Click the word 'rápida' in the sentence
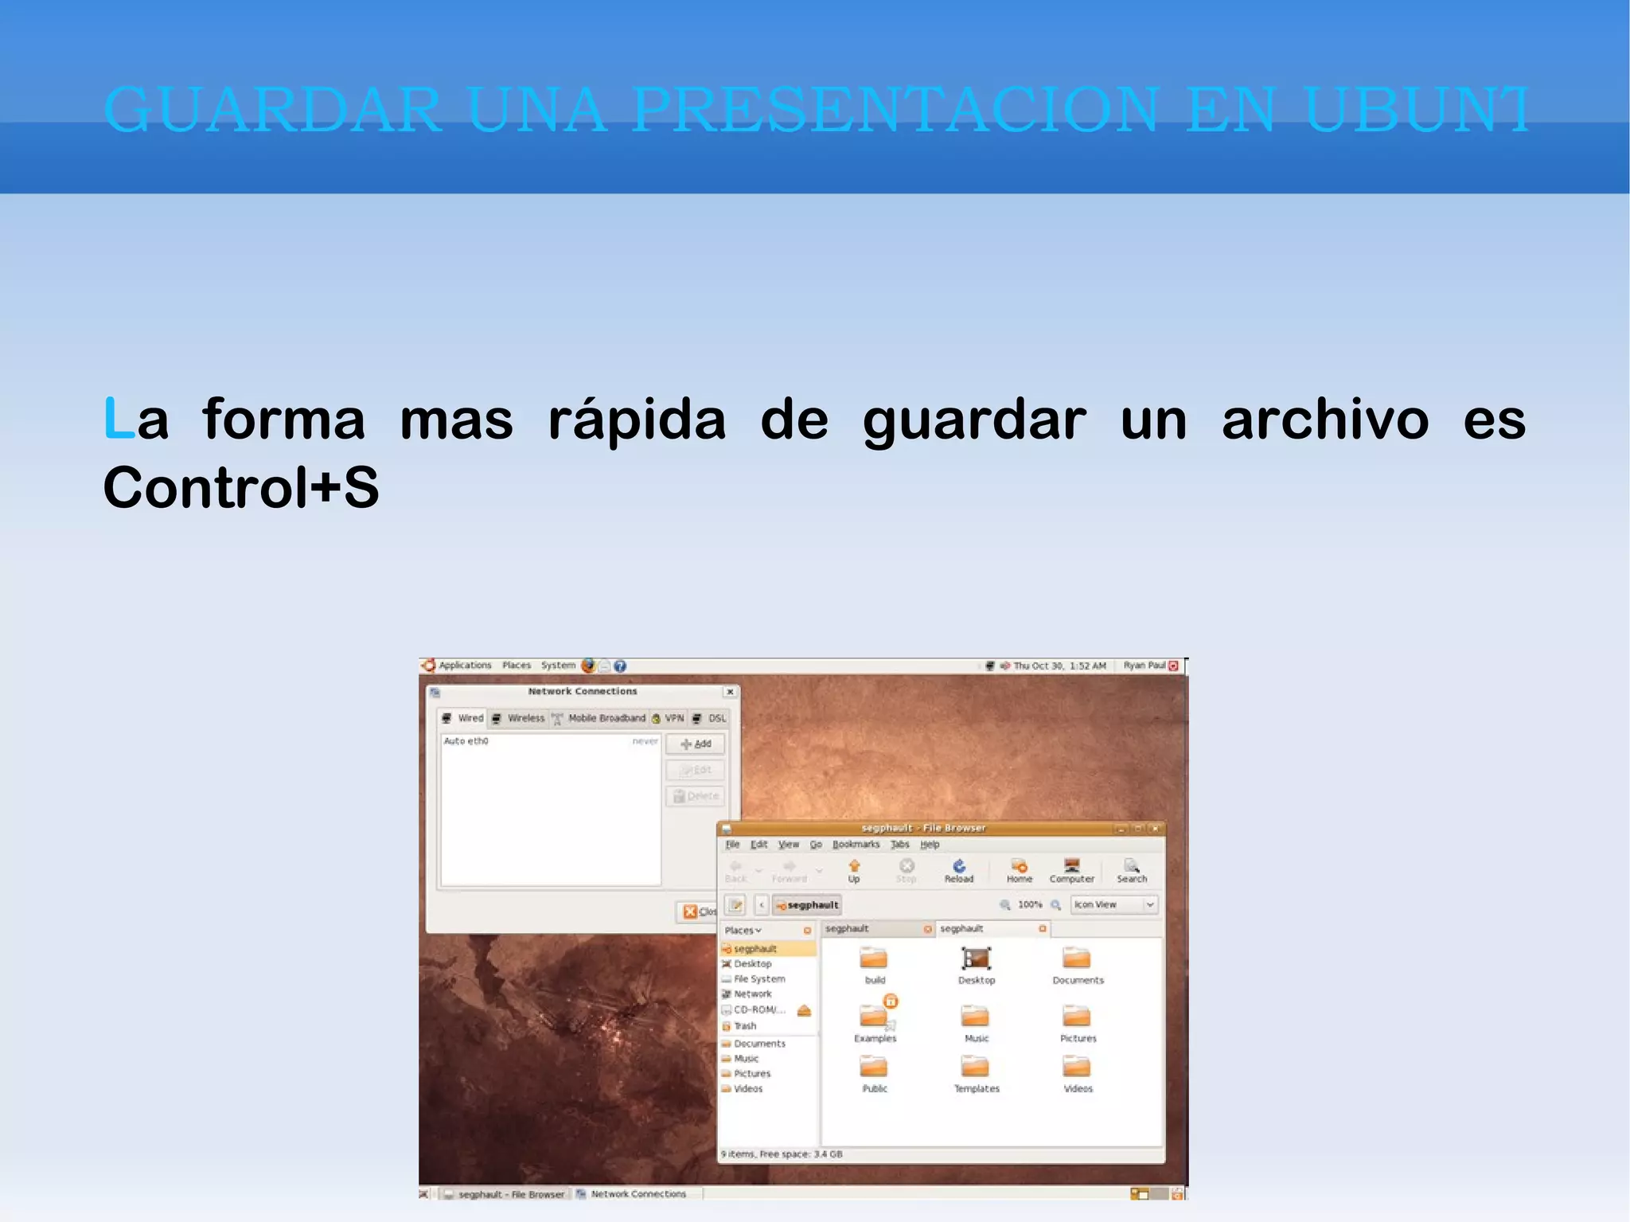click(x=637, y=420)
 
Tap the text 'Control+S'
click(x=241, y=487)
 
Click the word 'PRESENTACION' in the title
click(x=896, y=109)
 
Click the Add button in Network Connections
click(x=696, y=744)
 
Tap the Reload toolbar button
click(x=959, y=869)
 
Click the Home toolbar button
click(x=1019, y=869)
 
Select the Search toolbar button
click(x=1131, y=869)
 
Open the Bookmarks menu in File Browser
click(x=856, y=844)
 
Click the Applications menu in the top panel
click(x=465, y=666)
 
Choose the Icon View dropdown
click(x=1113, y=904)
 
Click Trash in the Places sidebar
click(x=745, y=1026)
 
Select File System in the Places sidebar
click(x=758, y=979)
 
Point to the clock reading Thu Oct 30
click(x=1059, y=666)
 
